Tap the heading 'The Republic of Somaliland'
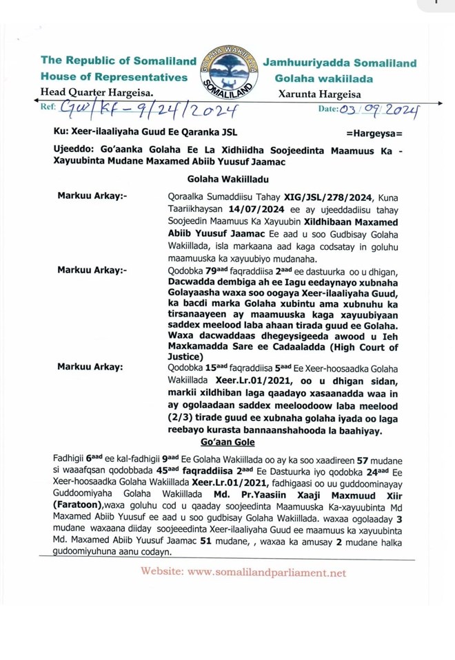click(x=119, y=61)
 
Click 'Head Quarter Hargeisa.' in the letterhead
click(x=97, y=92)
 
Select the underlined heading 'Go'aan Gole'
click(x=227, y=442)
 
